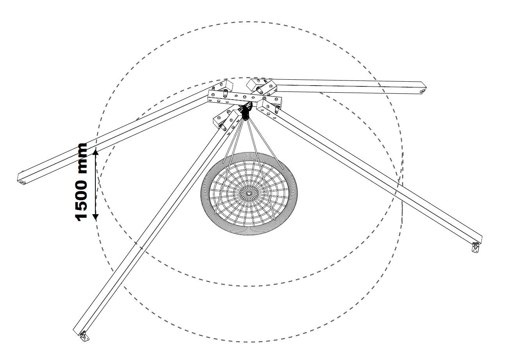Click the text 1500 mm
pyautogui.click(x=81, y=182)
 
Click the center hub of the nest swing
pyautogui.click(x=249, y=193)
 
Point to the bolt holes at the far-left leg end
pyautogui.click(x=22, y=182)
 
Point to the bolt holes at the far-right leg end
pyautogui.click(x=422, y=91)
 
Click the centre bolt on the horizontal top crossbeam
pyautogui.click(x=245, y=97)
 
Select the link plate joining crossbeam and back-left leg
pyautogui.click(x=225, y=93)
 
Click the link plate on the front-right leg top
pyautogui.click(x=277, y=110)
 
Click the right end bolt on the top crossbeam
pyautogui.click(x=276, y=100)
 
